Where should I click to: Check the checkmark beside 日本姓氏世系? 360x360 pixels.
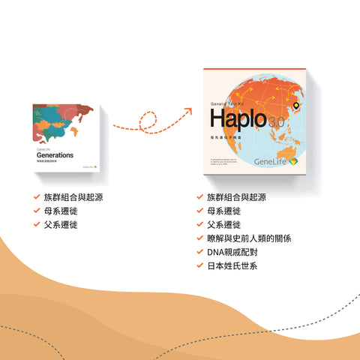(x=199, y=265)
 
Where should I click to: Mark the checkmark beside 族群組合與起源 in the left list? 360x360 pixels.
(x=37, y=197)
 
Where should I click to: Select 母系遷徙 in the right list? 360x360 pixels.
(x=222, y=211)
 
